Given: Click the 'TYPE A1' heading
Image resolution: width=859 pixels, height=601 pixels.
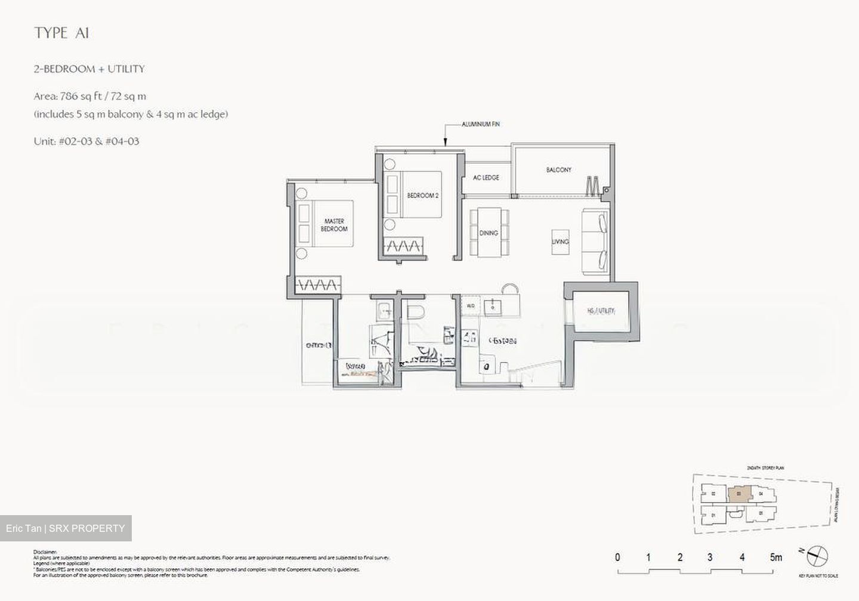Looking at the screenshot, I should point(61,33).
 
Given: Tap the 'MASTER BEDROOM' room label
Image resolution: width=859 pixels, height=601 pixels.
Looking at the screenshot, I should point(334,225).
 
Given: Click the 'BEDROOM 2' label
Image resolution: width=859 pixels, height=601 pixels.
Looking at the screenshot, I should point(423,195).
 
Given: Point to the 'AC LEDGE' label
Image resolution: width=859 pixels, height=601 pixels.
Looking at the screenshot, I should point(486,178).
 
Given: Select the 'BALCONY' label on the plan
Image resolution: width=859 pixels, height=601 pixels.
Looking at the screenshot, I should point(558,170).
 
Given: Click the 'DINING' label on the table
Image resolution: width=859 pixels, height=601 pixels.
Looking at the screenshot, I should point(489,233).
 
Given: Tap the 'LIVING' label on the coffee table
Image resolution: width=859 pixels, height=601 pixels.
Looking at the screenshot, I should point(560,241).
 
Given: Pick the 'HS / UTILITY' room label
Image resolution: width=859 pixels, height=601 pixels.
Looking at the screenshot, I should point(601,311).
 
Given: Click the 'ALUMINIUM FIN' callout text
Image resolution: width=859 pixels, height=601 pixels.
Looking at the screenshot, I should point(480,124).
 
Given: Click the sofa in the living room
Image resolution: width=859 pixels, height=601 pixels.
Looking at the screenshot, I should point(595,242).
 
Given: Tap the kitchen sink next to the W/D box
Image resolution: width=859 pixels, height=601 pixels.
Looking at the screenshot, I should point(493,306).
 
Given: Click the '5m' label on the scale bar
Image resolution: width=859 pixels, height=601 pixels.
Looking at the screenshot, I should point(775,557).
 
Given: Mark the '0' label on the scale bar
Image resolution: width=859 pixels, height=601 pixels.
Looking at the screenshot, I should point(617,557).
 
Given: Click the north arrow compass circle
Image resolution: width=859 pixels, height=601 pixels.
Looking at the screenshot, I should point(818,556).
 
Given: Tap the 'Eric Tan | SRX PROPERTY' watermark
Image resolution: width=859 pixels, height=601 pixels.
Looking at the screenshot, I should point(66,528).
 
